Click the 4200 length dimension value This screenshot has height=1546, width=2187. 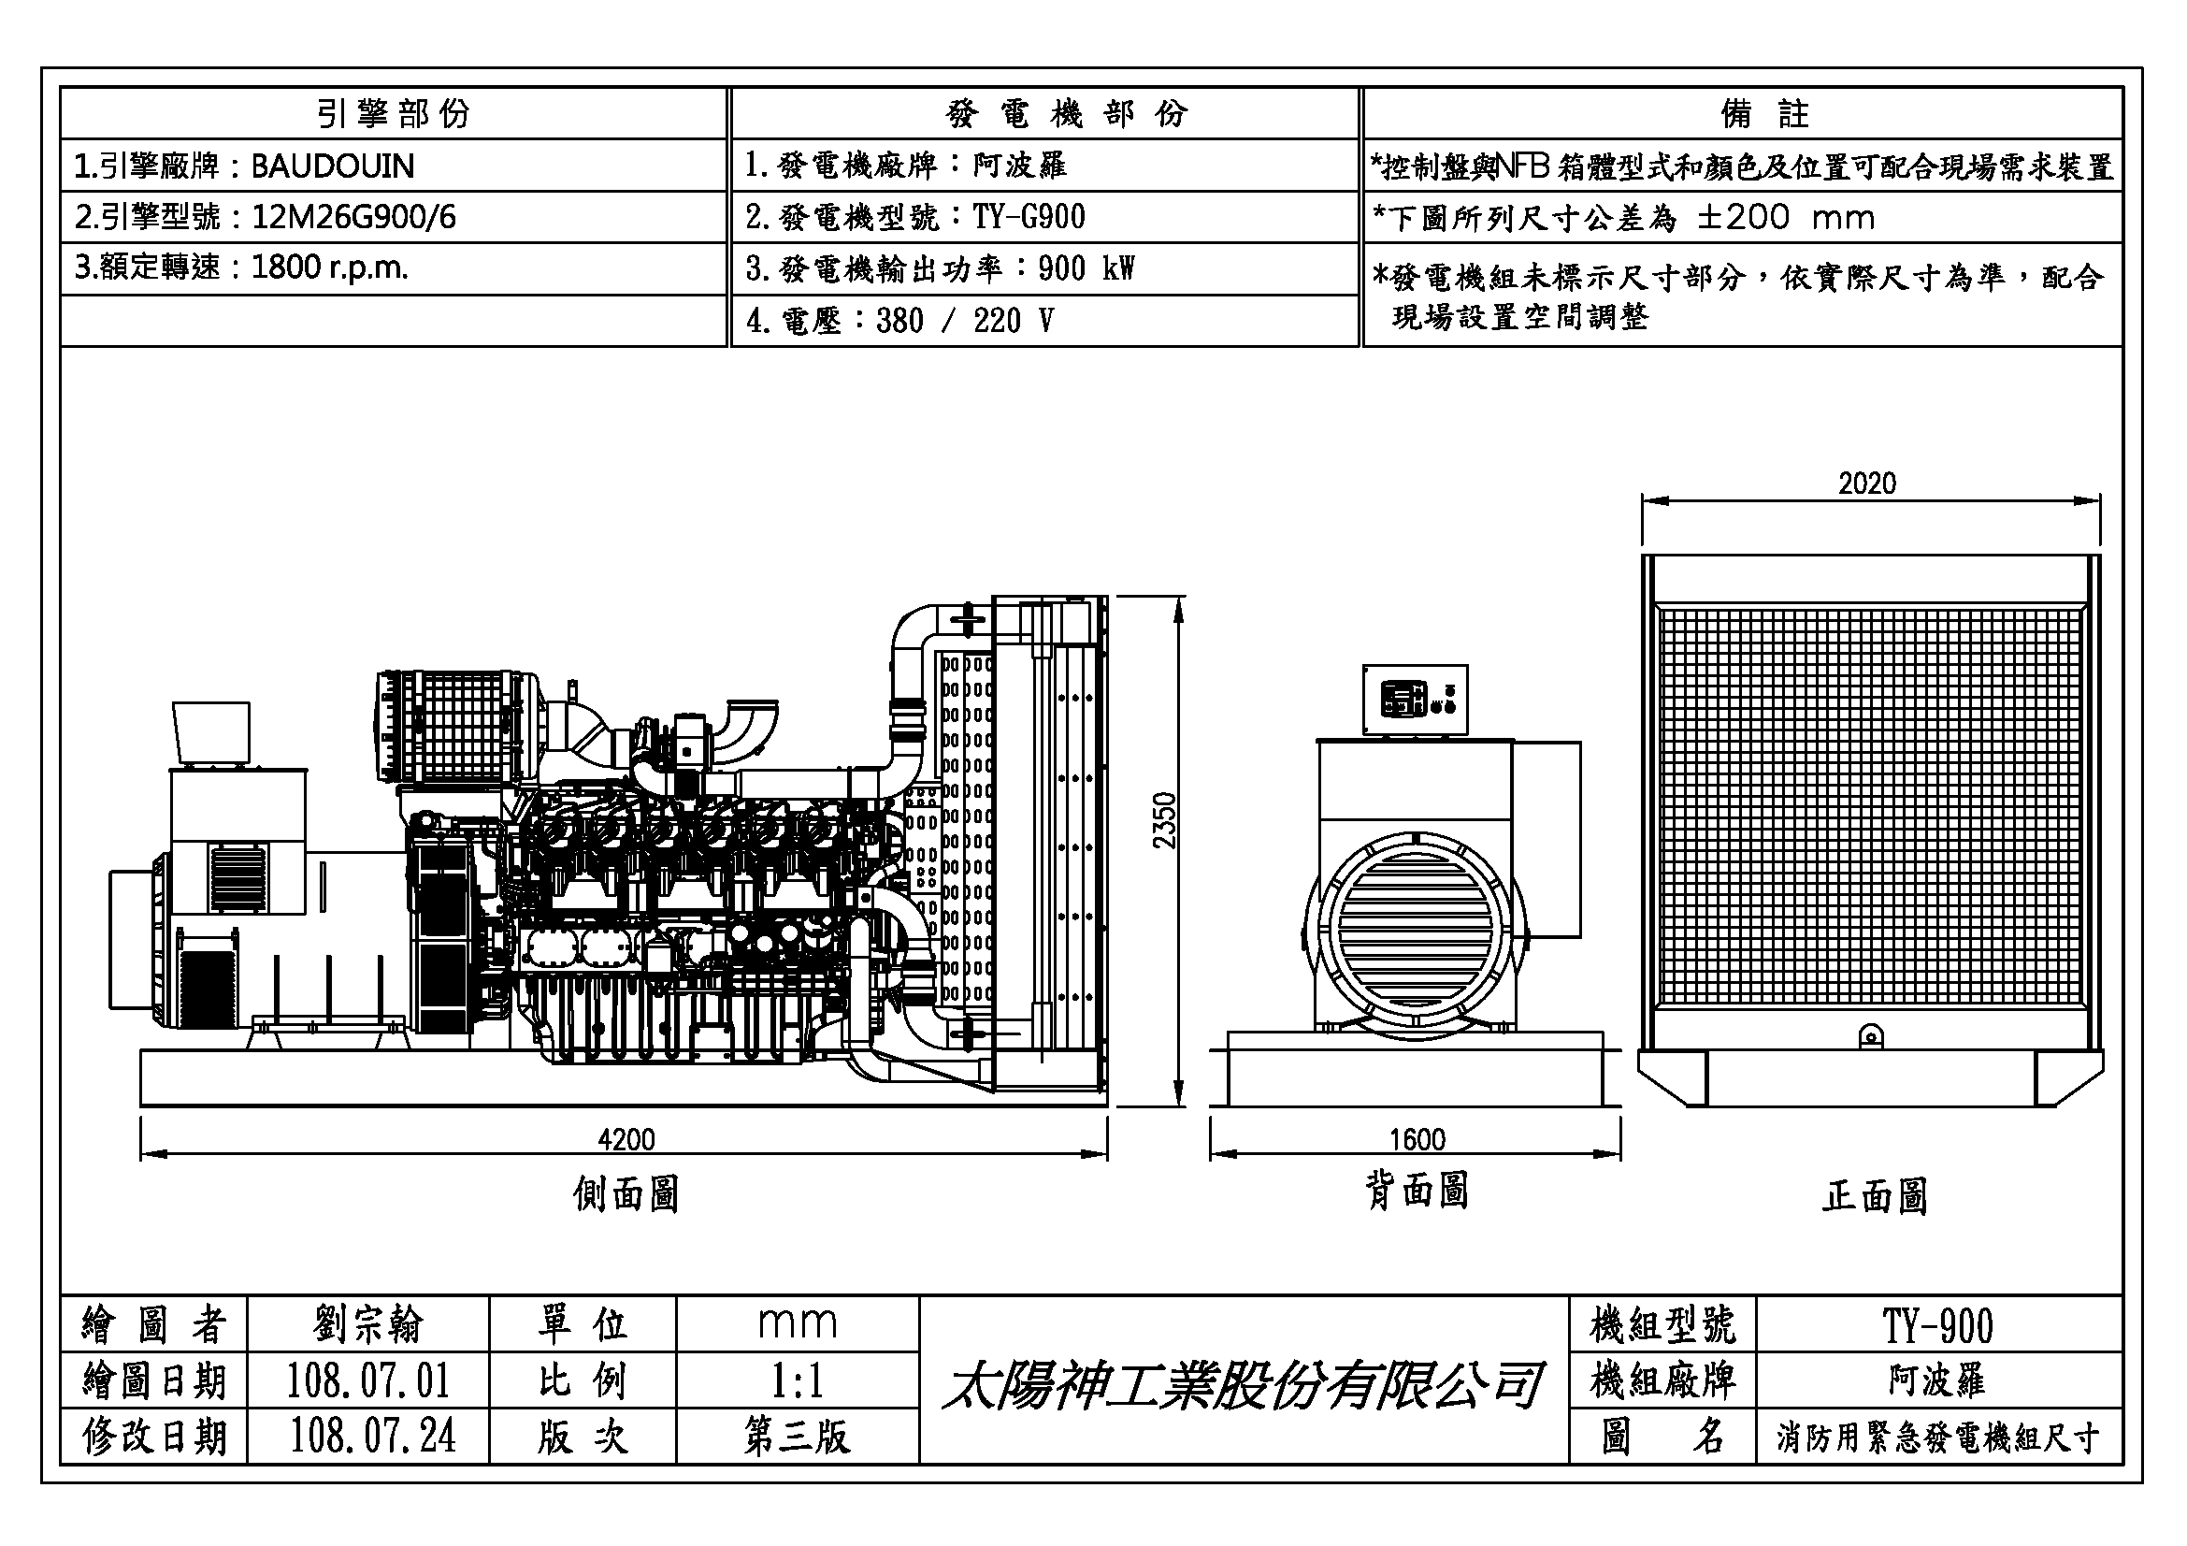626,1139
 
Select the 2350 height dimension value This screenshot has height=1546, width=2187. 1164,821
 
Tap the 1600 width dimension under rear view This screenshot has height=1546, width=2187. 1417,1139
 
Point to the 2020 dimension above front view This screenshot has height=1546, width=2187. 1867,484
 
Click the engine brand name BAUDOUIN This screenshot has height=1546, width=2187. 333,166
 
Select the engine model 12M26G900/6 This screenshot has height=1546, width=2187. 353,218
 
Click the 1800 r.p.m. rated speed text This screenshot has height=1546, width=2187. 329,267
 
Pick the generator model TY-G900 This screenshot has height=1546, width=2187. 1029,218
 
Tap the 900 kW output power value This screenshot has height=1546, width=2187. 1086,269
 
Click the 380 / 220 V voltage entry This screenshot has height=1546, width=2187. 965,321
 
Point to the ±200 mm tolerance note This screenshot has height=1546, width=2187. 1786,218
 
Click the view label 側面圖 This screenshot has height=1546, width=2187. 626,1193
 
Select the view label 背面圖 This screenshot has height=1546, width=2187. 1417,1191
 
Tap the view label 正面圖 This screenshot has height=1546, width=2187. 1875,1196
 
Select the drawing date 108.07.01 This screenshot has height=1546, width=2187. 367,1381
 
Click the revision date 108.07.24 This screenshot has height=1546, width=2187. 372,1437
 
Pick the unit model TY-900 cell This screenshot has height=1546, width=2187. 1937,1326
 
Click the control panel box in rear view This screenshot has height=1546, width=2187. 1415,701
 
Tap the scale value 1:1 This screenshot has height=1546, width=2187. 797,1381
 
